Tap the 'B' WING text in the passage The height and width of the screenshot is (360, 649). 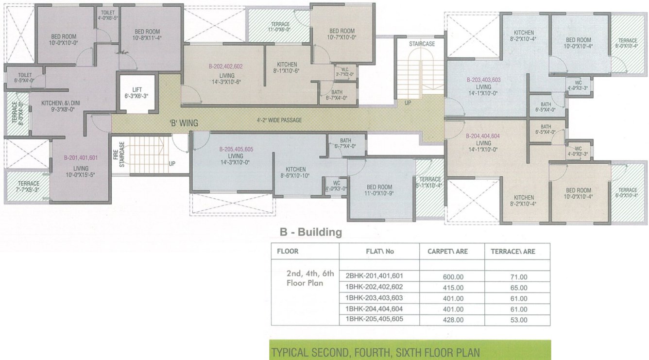[184, 123]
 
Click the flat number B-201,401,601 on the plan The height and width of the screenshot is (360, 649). [81, 158]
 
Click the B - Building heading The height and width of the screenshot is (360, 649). [310, 233]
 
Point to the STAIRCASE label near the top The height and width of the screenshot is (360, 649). [421, 44]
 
